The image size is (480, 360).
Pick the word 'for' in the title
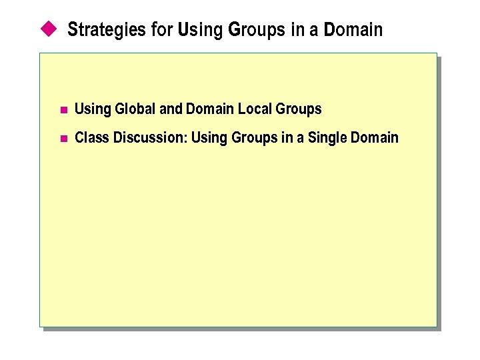click(x=160, y=30)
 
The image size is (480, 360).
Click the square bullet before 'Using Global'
click(x=63, y=110)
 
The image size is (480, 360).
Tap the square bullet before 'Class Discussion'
click(x=63, y=139)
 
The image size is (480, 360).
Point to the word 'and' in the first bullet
click(x=171, y=109)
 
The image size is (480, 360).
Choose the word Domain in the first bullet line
click(x=209, y=109)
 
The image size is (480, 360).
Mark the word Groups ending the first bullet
click(x=298, y=109)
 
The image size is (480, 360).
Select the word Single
click(x=327, y=139)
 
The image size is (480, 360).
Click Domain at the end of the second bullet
click(x=374, y=138)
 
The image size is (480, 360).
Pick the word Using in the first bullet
click(x=93, y=109)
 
